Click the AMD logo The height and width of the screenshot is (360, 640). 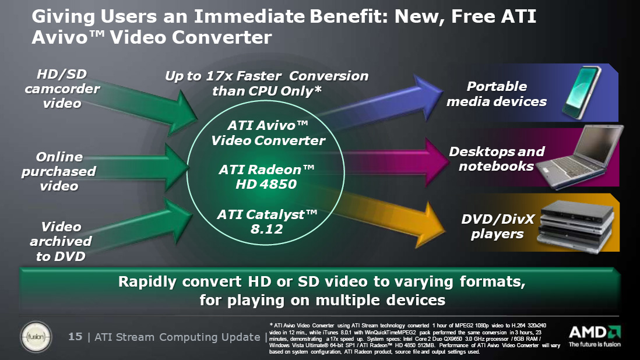pyautogui.click(x=595, y=332)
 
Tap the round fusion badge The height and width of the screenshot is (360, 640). pyautogui.click(x=36, y=337)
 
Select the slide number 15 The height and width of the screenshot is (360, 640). pyautogui.click(x=75, y=337)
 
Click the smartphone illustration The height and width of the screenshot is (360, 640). pyautogui.click(x=581, y=92)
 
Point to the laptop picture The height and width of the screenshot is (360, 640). pyautogui.click(x=579, y=157)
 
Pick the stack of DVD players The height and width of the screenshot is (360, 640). pyautogui.click(x=576, y=225)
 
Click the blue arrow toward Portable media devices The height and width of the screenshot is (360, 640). pyautogui.click(x=379, y=104)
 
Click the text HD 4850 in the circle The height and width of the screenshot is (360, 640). pyautogui.click(x=266, y=184)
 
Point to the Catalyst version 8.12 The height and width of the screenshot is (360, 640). pyautogui.click(x=266, y=229)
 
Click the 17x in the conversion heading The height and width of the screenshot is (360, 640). pyautogui.click(x=219, y=76)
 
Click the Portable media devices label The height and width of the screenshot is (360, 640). pyautogui.click(x=497, y=94)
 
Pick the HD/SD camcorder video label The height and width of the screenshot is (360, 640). pyautogui.click(x=62, y=89)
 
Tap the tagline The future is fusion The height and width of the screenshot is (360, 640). pyautogui.click(x=595, y=344)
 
